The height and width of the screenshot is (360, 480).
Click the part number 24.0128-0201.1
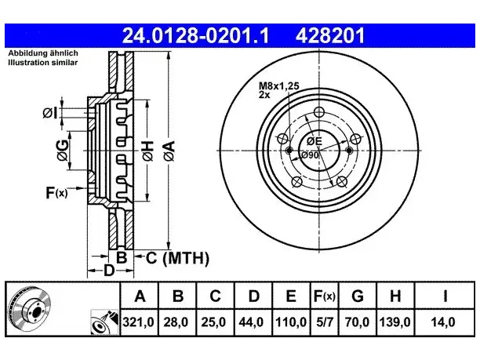tap(195, 35)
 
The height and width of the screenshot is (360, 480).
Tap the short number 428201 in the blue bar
tap(330, 35)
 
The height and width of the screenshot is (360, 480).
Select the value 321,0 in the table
tap(138, 322)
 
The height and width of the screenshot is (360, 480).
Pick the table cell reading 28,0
tap(176, 322)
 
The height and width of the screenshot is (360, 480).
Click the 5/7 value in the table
tap(324, 322)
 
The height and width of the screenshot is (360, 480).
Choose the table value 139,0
tap(395, 322)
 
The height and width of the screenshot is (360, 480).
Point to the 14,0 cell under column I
tap(443, 322)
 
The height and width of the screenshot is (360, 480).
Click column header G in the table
tap(358, 296)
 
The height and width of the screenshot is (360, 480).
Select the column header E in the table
tap(291, 296)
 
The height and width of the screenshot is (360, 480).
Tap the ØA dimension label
tap(169, 151)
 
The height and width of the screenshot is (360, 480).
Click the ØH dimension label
tap(148, 151)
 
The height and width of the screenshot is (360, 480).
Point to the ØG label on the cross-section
tap(63, 150)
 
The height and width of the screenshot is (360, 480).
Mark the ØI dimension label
tap(50, 113)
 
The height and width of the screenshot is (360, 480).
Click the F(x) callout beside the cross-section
tap(56, 193)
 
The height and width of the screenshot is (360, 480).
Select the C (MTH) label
tap(177, 258)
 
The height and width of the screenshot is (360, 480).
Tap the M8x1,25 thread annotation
tap(279, 86)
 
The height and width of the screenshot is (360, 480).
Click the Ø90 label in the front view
tap(310, 155)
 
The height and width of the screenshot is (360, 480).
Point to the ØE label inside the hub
tap(315, 141)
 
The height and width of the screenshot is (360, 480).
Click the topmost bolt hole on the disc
tap(319, 111)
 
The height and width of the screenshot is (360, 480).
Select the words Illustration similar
tap(43, 63)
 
